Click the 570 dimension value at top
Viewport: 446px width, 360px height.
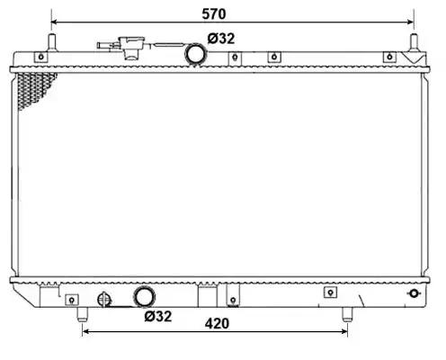click(x=213, y=14)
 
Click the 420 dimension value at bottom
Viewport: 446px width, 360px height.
click(x=217, y=324)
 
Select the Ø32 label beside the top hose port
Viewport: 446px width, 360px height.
click(x=221, y=39)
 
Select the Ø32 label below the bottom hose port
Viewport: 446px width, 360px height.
click(x=158, y=317)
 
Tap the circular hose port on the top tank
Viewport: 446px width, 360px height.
click(x=196, y=54)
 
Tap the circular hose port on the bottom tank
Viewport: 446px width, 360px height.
click(x=144, y=297)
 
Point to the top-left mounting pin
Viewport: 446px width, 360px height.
click(x=52, y=42)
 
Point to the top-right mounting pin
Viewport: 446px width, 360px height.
click(x=414, y=42)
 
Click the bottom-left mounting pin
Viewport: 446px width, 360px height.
click(x=83, y=314)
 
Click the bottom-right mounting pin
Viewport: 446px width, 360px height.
click(x=347, y=314)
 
